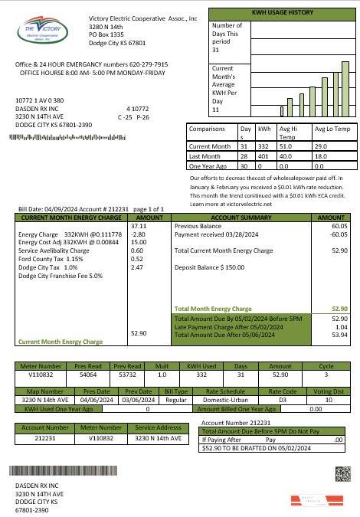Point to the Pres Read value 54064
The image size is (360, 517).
88,375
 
